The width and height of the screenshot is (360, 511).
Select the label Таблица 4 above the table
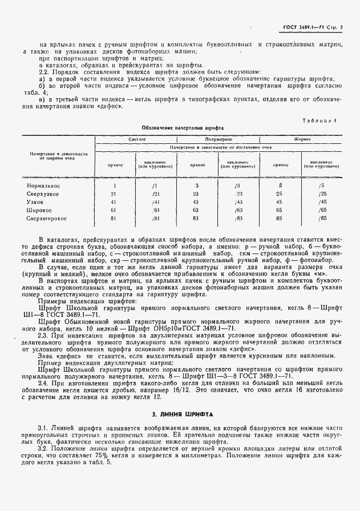(322, 120)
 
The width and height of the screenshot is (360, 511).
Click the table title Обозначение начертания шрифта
(183, 128)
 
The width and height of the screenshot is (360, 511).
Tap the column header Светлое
(137, 139)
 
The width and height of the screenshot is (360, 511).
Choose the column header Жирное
(301, 139)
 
